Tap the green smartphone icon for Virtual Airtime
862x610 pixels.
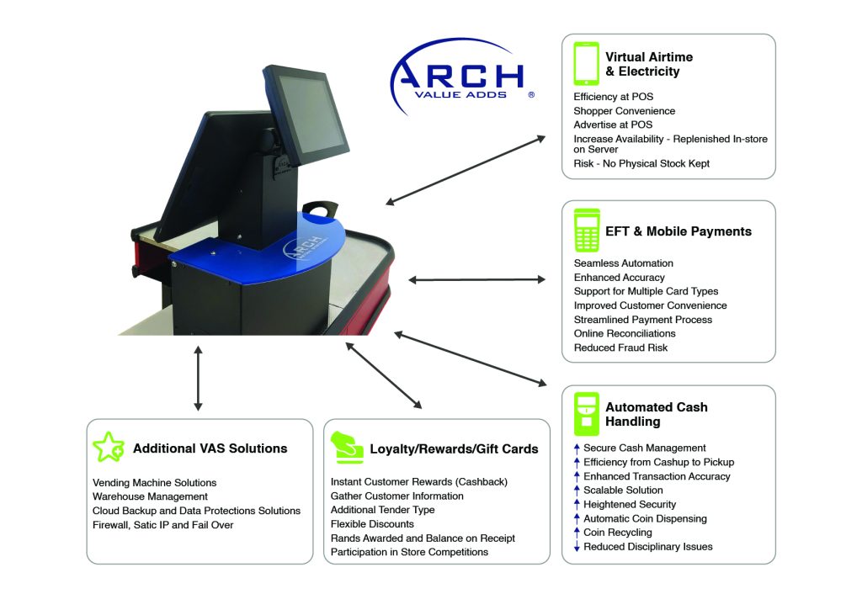tap(586, 64)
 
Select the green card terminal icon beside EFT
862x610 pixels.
tap(586, 231)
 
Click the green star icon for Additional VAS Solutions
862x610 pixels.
tap(108, 448)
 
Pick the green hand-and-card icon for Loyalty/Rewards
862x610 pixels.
tap(345, 448)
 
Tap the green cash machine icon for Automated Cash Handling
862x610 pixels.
tap(586, 413)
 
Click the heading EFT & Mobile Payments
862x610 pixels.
tap(678, 231)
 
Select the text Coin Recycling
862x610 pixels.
tap(617, 533)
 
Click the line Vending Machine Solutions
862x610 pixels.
tap(154, 483)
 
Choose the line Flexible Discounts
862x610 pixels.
tap(372, 524)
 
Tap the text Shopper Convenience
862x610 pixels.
tap(624, 111)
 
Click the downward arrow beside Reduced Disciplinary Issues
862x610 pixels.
tap(577, 547)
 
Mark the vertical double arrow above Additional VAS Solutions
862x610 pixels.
tap(198, 378)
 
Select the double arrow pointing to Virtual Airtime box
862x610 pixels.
tap(466, 169)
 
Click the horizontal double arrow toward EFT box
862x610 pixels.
tap(477, 279)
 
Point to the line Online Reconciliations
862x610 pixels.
tap(624, 334)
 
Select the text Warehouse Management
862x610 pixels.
tap(150, 496)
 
